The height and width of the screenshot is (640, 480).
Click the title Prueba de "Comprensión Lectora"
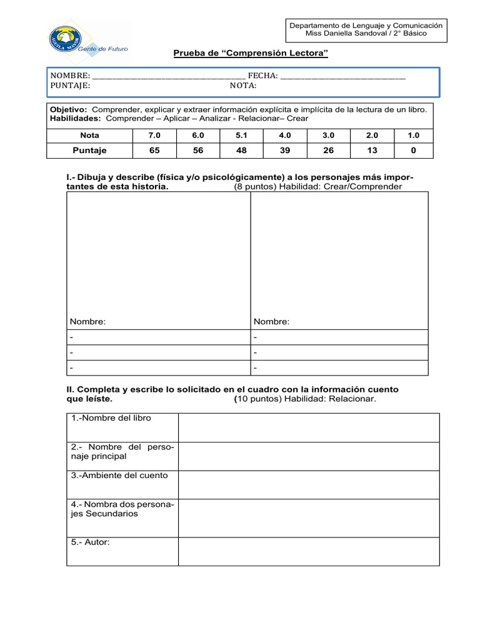pos(251,54)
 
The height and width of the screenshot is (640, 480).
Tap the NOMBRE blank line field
pos(168,76)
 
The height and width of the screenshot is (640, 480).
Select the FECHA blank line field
pos(343,76)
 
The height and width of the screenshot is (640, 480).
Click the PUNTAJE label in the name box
pos(70,86)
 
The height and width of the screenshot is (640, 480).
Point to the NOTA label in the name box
pos(243,86)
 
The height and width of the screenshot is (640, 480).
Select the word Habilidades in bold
pos(75,117)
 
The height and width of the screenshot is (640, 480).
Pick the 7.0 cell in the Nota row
pos(155,135)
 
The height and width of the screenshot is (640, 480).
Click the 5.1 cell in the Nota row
pos(242,135)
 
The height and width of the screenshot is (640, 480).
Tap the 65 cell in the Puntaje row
pos(155,150)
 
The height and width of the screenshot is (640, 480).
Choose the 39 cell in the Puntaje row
pos(285,150)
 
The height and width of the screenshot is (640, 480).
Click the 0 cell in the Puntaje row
pos(413,150)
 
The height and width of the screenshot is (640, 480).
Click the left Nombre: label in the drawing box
pos(88,321)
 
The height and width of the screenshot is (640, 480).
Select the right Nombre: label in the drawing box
pos(271,321)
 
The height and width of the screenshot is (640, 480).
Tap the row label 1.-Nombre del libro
pos(111,418)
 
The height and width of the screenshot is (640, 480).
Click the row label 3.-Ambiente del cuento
pos(119,475)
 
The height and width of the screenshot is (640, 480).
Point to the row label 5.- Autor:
pos(91,542)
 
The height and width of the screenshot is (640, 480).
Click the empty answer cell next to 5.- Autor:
pos(309,551)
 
